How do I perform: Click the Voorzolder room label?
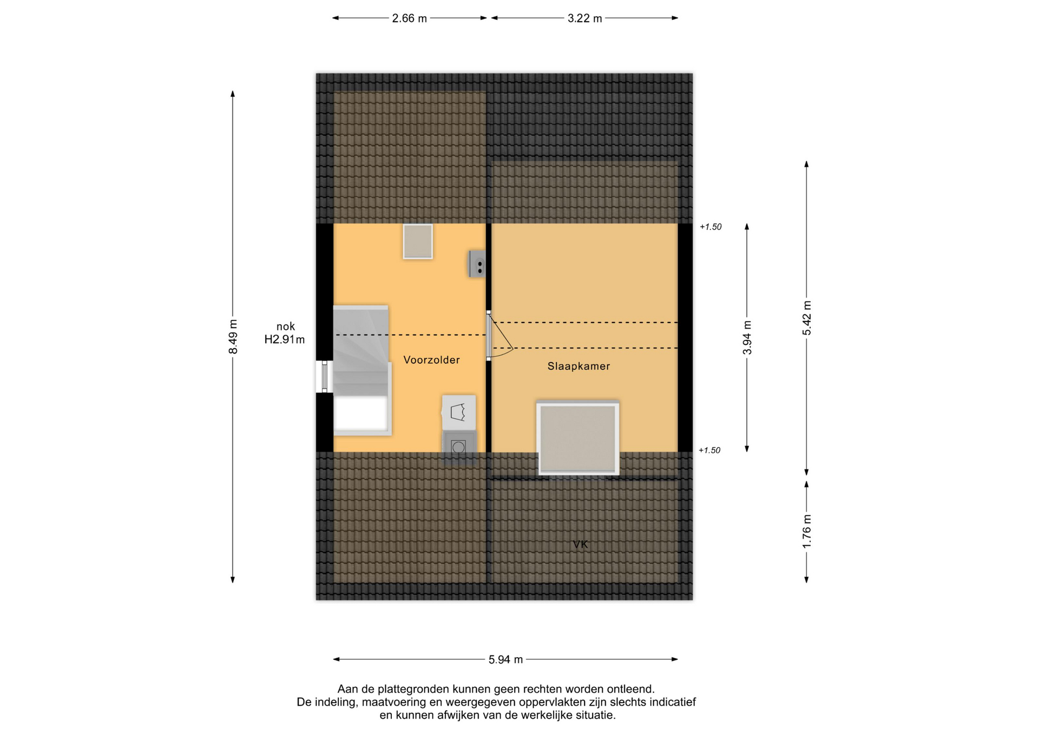pyautogui.click(x=431, y=360)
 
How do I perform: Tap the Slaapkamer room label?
pyautogui.click(x=578, y=366)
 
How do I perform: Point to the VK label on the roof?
pyautogui.click(x=580, y=544)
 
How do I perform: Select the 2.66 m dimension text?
pyautogui.click(x=409, y=18)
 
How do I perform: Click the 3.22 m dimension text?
pyautogui.click(x=584, y=18)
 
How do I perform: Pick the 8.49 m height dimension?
pyautogui.click(x=233, y=337)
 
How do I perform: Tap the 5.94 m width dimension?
pyautogui.click(x=505, y=659)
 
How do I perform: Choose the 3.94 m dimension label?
pyautogui.click(x=747, y=337)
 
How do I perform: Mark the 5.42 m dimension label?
pyautogui.click(x=807, y=318)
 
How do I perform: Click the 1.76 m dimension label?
pyautogui.click(x=807, y=530)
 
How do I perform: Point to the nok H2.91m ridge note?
pyautogui.click(x=285, y=333)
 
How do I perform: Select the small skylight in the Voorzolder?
pyautogui.click(x=418, y=241)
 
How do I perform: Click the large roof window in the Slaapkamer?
pyautogui.click(x=578, y=438)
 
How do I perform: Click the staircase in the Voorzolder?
pyautogui.click(x=361, y=370)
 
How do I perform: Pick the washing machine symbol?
pyautogui.click(x=459, y=447)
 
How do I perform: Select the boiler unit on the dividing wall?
pyautogui.click(x=477, y=264)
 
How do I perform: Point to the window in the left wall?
pyautogui.click(x=324, y=377)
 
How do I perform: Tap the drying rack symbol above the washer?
pyautogui.click(x=459, y=412)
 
